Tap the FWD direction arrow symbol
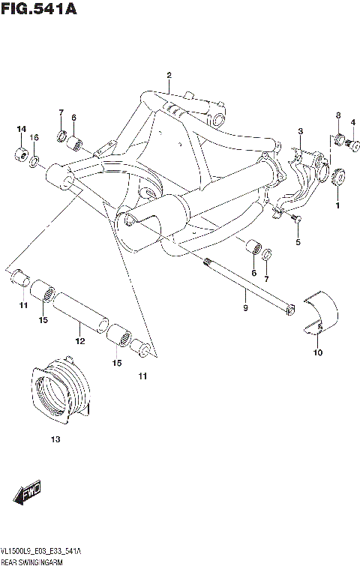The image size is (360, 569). [28, 493]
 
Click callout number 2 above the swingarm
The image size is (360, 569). [169, 75]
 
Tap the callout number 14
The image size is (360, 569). [22, 130]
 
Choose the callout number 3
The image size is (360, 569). [299, 131]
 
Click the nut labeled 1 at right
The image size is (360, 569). [339, 178]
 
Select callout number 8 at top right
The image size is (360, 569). [338, 115]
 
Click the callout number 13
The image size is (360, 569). [55, 439]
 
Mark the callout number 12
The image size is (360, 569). [80, 341]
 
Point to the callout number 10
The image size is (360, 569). [317, 352]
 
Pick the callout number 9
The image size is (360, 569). [244, 307]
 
